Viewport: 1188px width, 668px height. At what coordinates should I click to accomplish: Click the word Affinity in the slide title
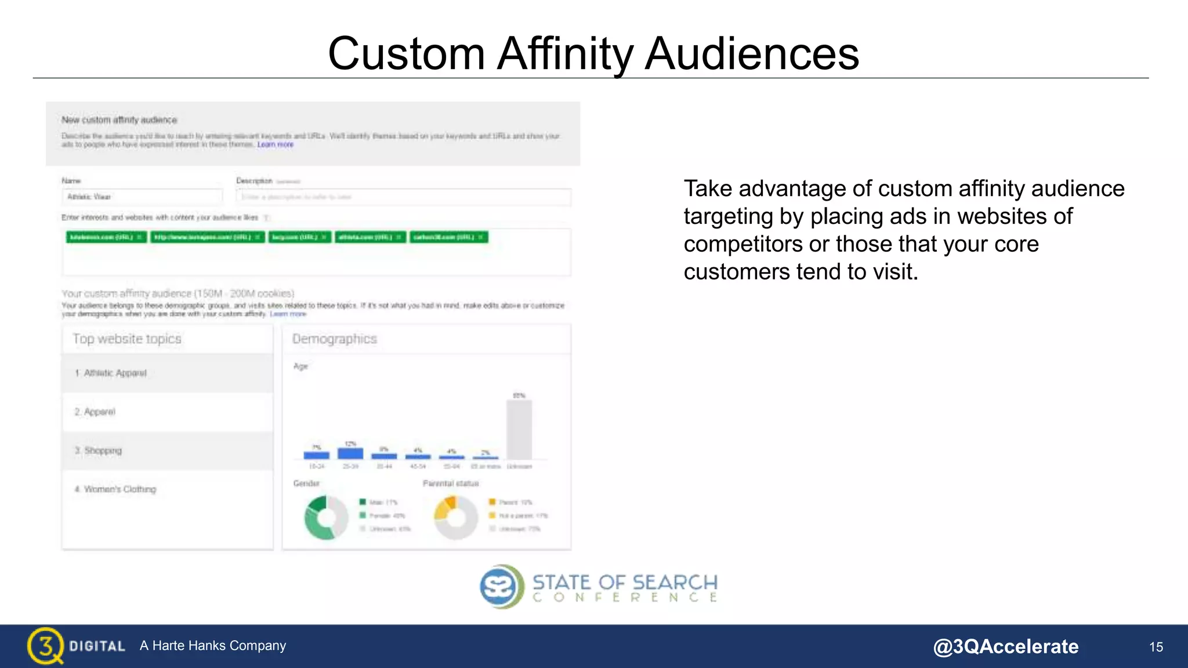coord(566,53)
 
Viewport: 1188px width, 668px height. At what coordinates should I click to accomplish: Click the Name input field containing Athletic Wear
coord(142,197)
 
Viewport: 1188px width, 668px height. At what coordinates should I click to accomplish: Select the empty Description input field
coord(403,197)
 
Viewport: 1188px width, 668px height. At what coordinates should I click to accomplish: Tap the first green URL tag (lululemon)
coord(106,237)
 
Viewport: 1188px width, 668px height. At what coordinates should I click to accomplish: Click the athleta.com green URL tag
coord(370,237)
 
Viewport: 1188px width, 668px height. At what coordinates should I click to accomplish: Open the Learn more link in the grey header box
coord(276,144)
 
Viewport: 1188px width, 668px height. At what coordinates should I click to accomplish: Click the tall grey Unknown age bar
coord(519,429)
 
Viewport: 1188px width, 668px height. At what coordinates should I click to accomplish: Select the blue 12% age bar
coord(350,453)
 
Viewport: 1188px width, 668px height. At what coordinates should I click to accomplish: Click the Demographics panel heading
coord(335,339)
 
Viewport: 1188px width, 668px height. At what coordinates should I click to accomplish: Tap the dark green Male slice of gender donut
coord(317,502)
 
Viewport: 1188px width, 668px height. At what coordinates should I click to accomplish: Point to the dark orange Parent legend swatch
coord(492,502)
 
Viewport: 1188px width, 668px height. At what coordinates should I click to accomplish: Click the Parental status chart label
coord(451,484)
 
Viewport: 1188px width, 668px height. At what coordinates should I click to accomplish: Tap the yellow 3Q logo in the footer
coord(45,645)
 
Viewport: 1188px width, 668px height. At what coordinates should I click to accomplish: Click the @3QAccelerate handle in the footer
coord(1005,647)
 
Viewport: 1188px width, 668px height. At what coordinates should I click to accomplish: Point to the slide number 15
coord(1156,647)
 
